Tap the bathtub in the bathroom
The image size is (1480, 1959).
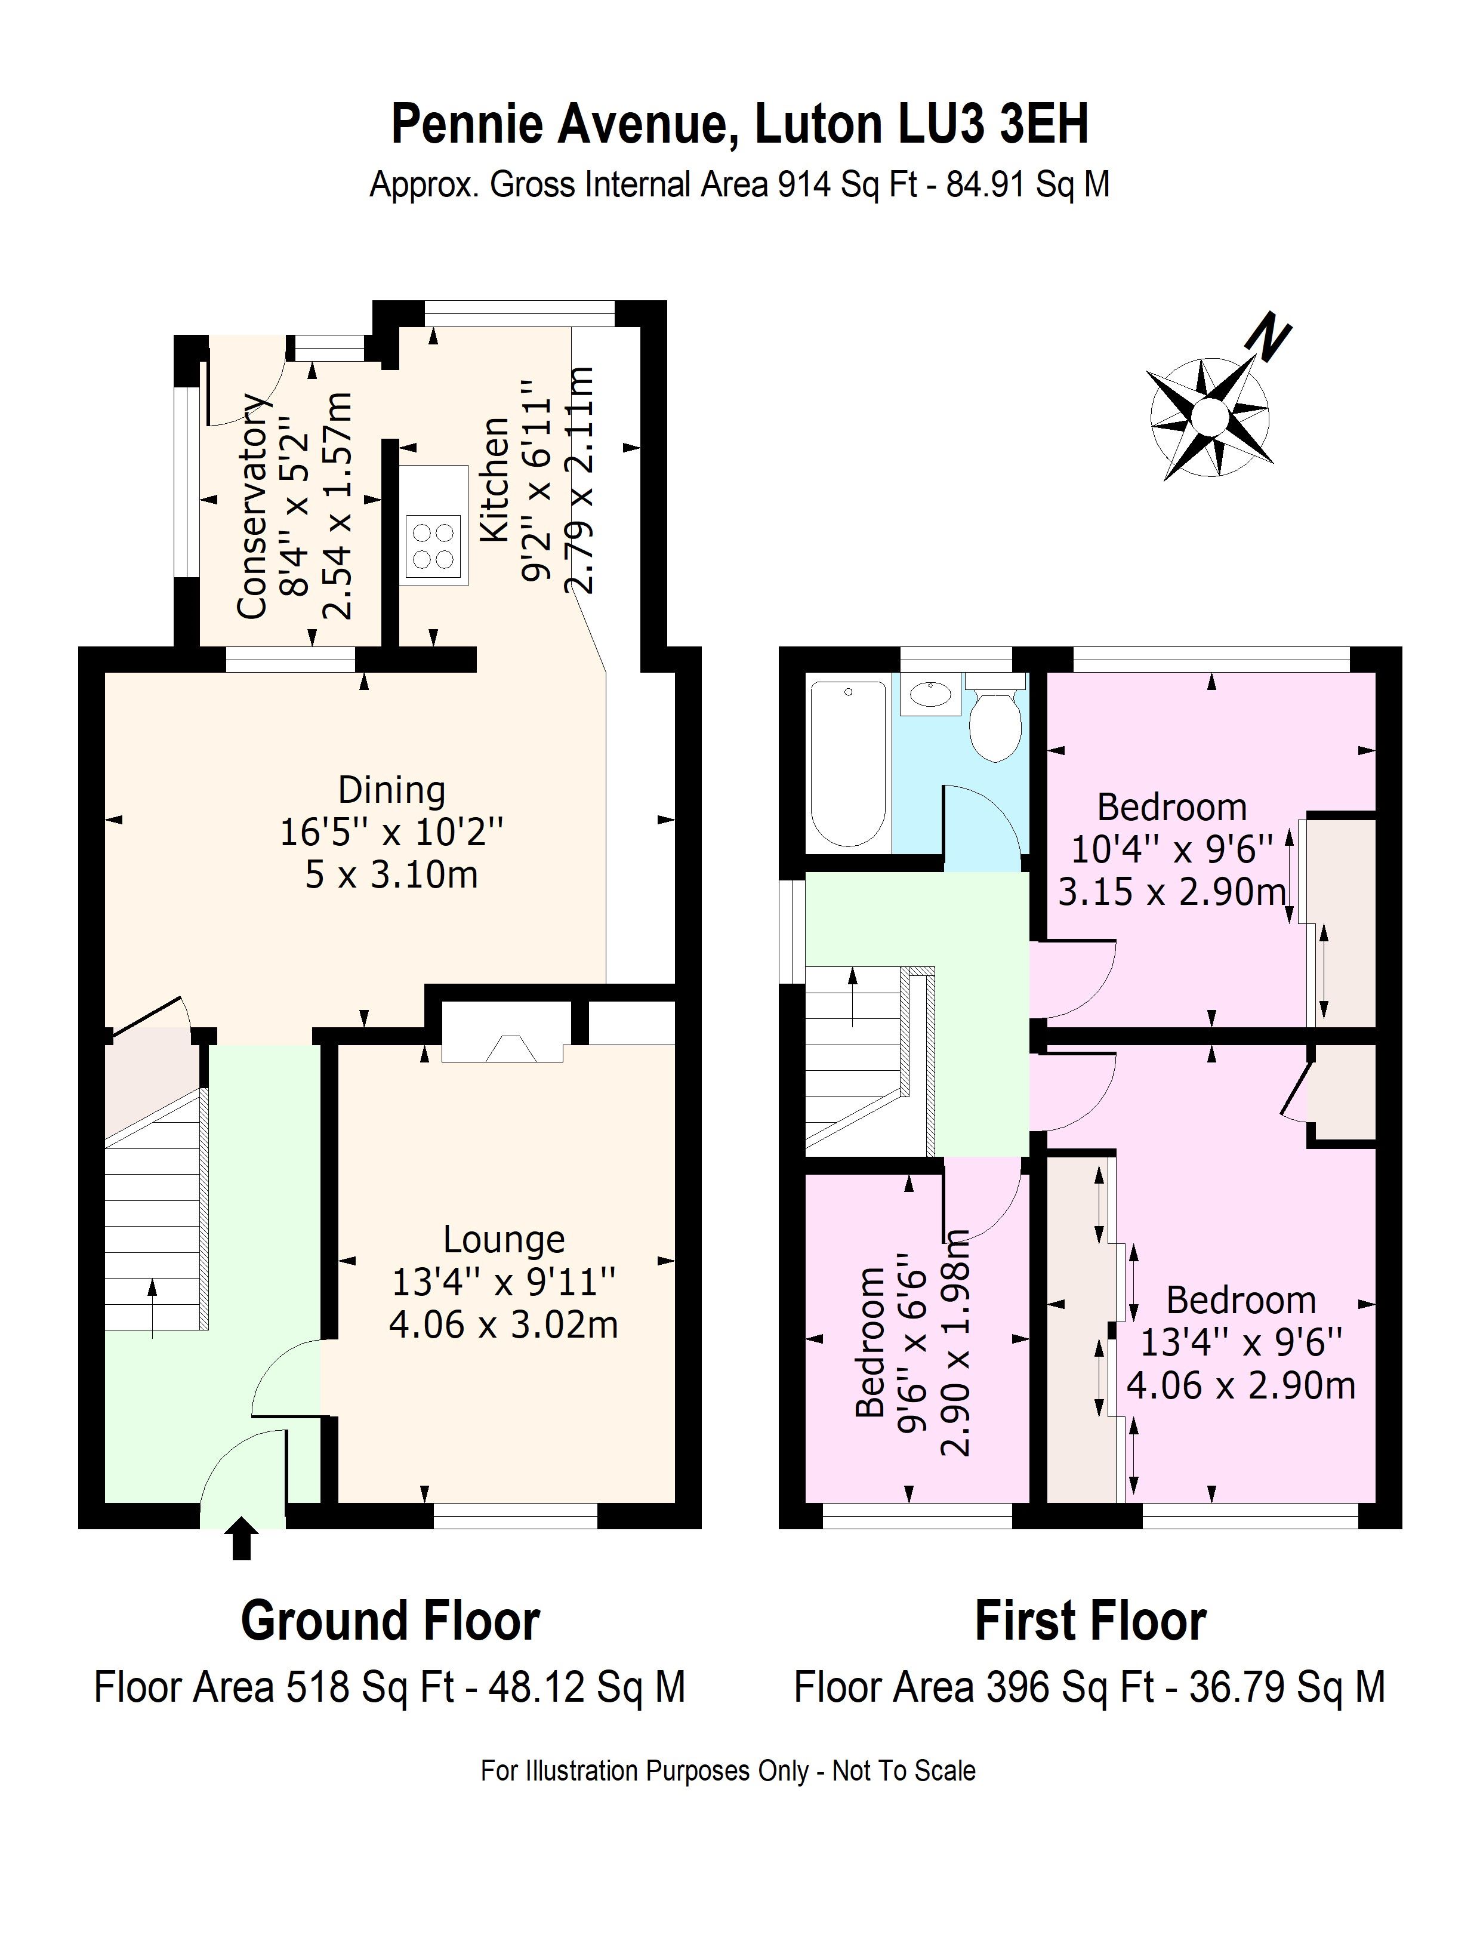[x=849, y=763]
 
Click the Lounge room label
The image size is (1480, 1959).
[x=503, y=1239]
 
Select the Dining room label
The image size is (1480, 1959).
[x=391, y=790]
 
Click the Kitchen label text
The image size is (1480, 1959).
[x=494, y=479]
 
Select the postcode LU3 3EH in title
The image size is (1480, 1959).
[x=993, y=124]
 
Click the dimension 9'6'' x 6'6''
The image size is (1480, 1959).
[x=913, y=1355]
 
